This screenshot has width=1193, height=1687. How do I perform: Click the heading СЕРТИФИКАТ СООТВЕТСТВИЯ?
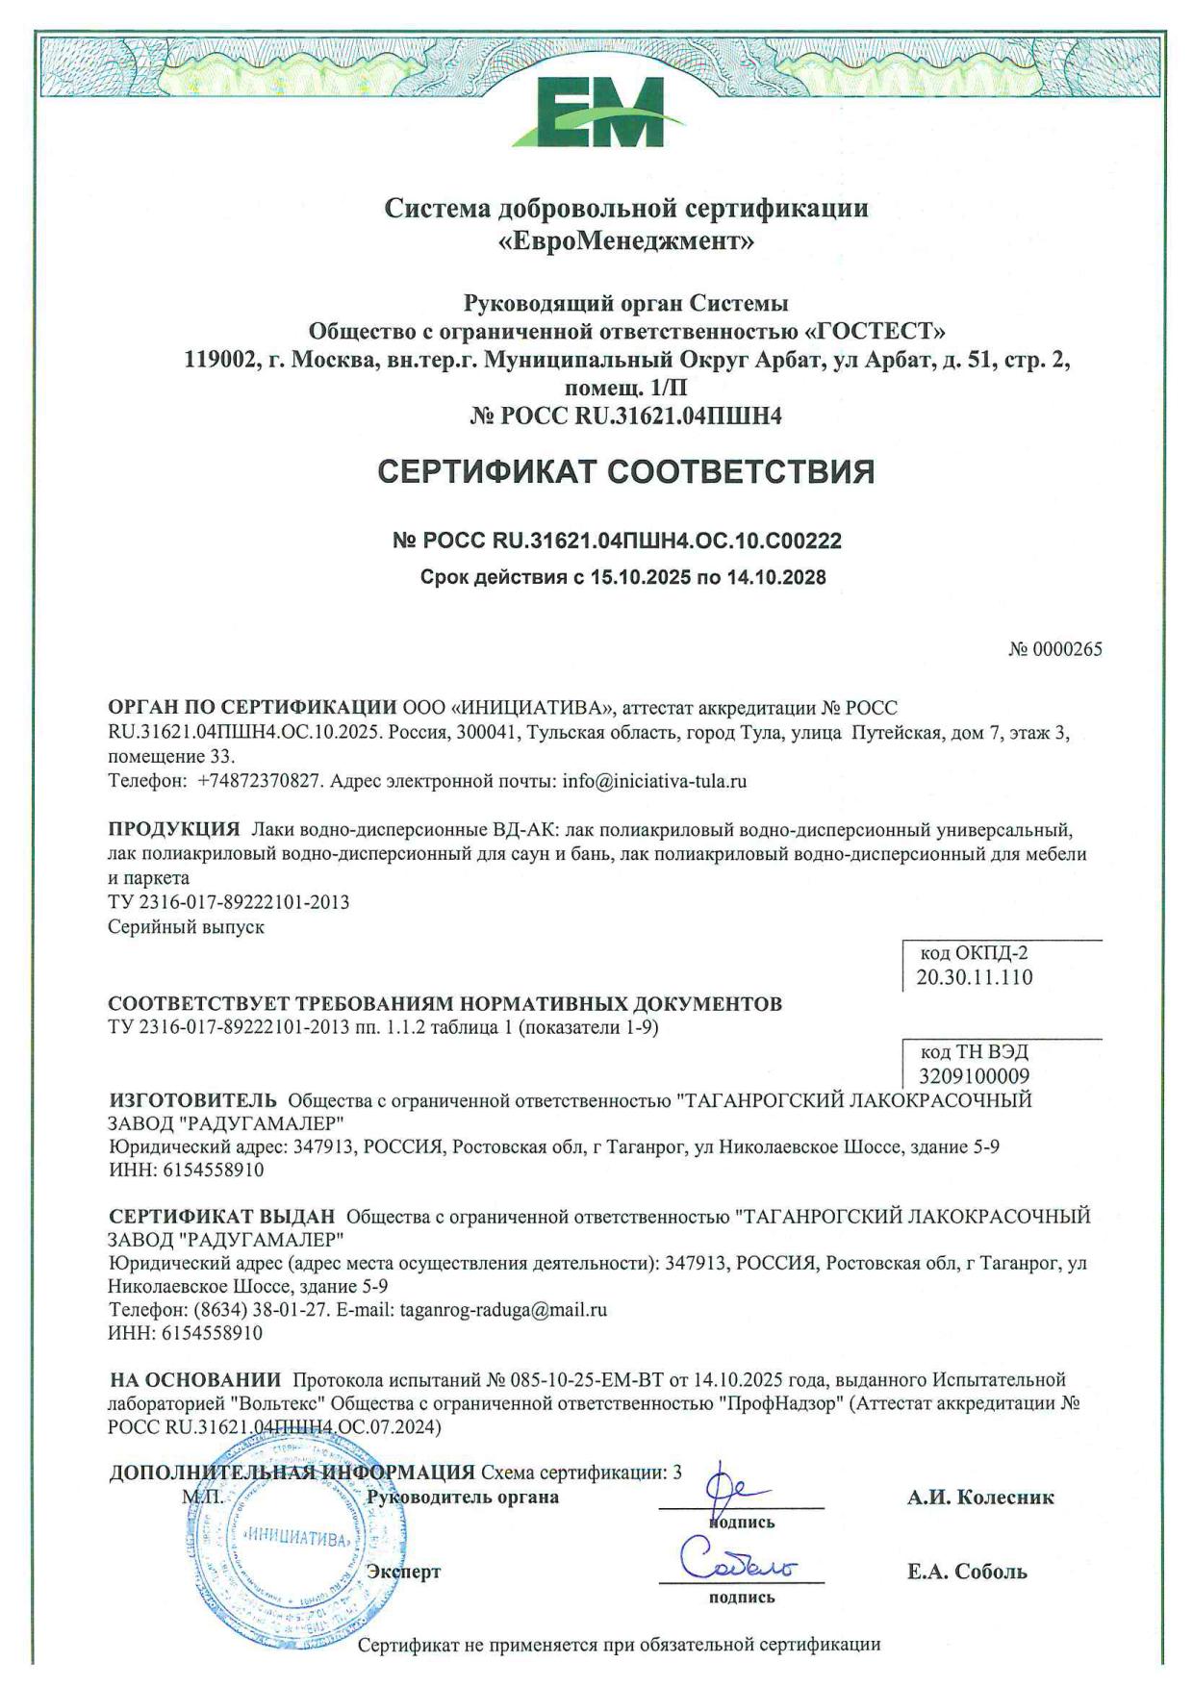(626, 472)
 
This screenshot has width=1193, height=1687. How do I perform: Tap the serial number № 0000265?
(1054, 649)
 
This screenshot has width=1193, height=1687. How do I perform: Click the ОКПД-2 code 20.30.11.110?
(975, 978)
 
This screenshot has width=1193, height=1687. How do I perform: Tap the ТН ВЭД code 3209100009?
(975, 1075)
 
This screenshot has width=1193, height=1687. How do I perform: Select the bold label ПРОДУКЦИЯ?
(174, 829)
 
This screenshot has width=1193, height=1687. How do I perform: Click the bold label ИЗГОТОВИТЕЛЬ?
(193, 1099)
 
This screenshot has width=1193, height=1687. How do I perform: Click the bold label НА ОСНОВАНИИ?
(196, 1380)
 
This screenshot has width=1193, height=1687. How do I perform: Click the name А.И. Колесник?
(980, 1498)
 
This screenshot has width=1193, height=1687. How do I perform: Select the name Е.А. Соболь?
(967, 1573)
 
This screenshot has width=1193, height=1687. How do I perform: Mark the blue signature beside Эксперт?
(738, 1561)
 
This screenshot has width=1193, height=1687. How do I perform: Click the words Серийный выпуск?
(186, 927)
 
